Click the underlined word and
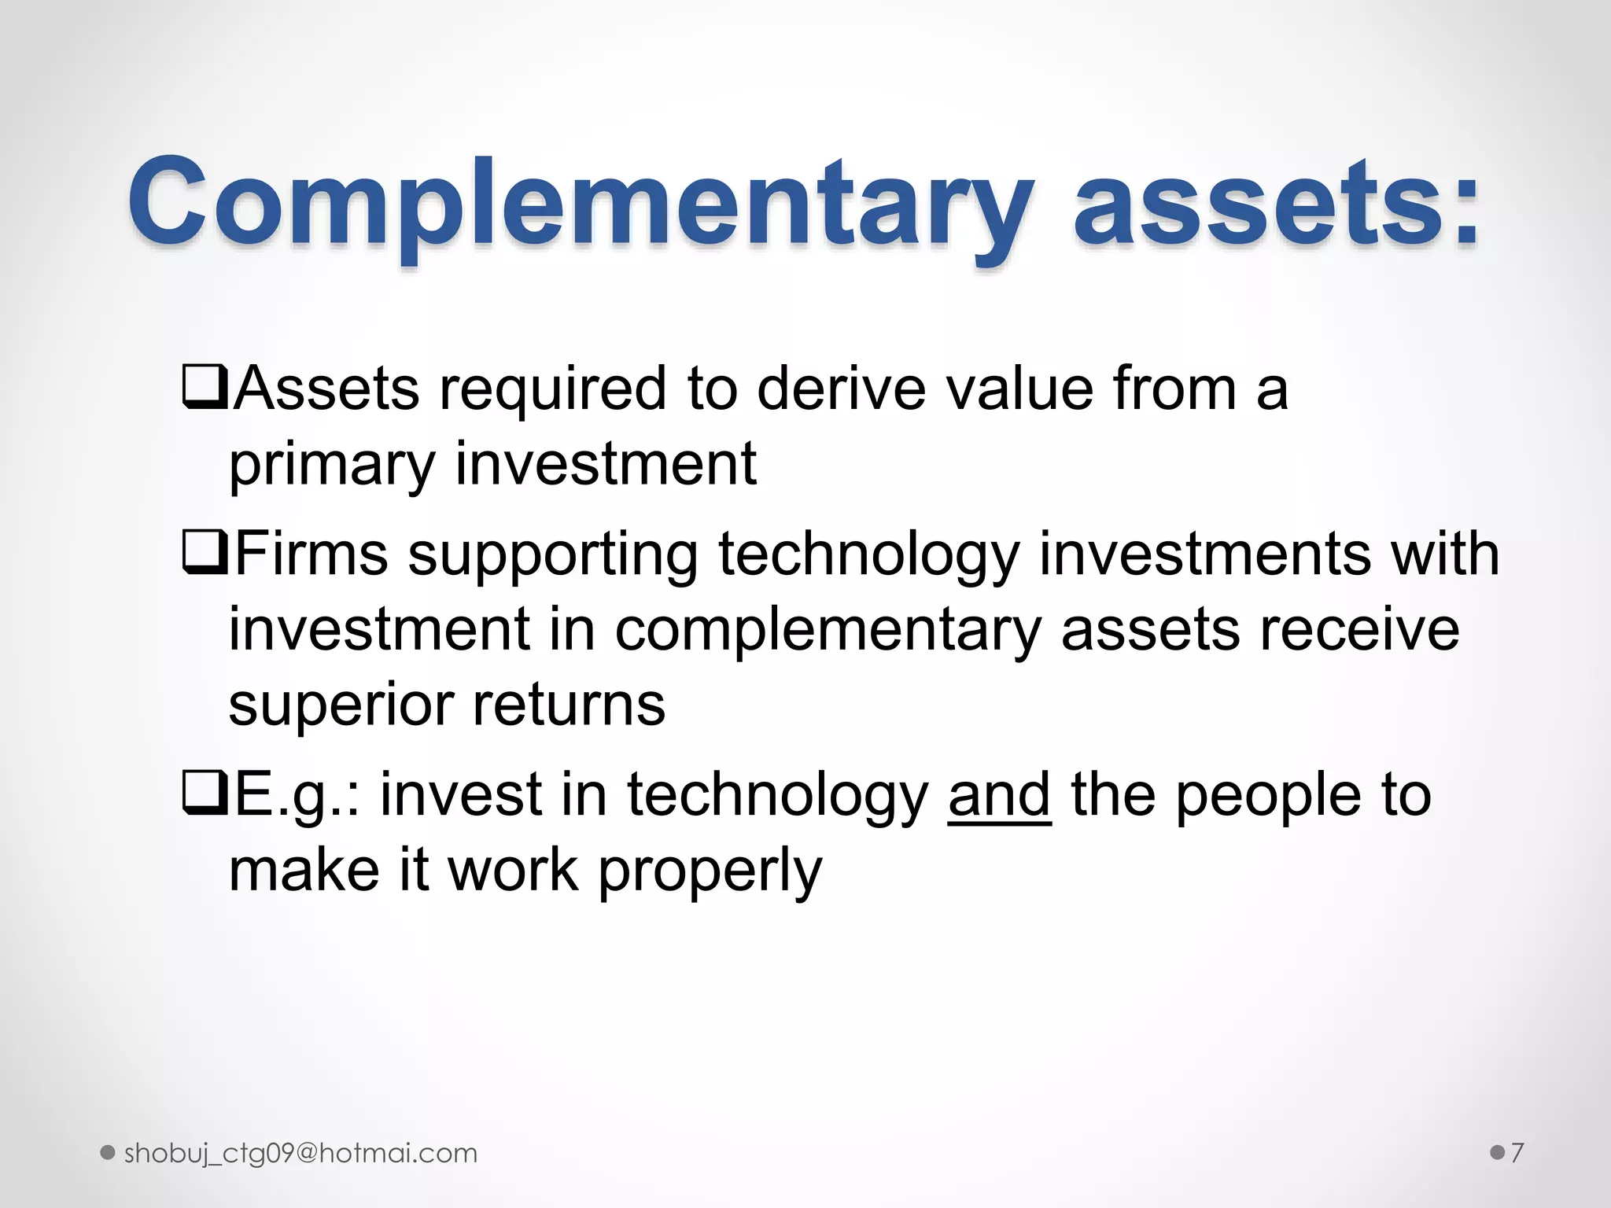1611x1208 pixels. click(999, 795)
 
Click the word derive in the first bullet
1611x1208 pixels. click(841, 389)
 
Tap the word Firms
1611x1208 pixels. click(312, 554)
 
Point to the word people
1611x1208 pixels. click(1266, 795)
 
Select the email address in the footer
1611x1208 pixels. click(300, 1154)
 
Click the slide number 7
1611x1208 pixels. click(1517, 1153)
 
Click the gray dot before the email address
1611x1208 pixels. click(109, 1154)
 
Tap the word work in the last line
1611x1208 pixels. click(513, 871)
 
